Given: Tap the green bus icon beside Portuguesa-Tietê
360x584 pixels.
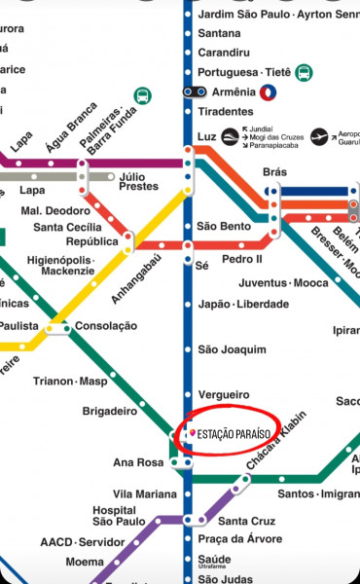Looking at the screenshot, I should click(305, 73).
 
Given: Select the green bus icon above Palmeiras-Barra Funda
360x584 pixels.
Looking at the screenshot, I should click(143, 96).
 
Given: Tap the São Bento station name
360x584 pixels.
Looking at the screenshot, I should click(224, 226).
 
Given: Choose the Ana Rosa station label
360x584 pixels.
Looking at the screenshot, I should click(138, 462).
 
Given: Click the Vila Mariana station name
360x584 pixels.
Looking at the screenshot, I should click(145, 493).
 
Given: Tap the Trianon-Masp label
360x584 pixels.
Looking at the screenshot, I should click(70, 381).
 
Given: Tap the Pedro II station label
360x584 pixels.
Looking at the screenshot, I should click(242, 260).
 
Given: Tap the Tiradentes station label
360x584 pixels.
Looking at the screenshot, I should click(225, 112).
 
